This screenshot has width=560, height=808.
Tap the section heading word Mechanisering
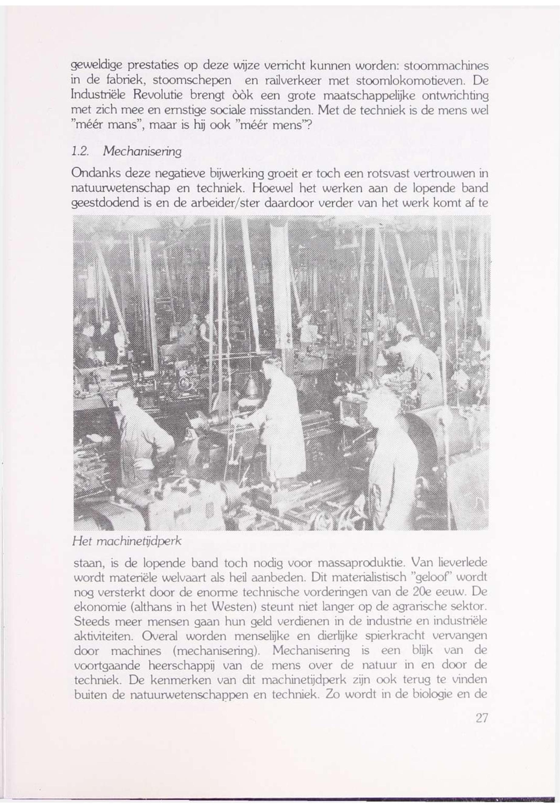tap(142, 152)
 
